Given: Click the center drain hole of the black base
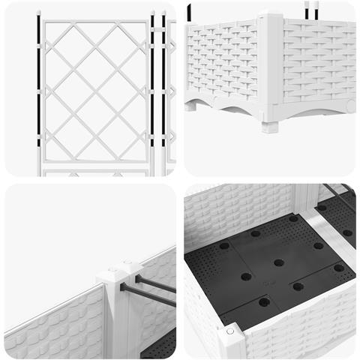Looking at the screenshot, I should pyautogui.click(x=279, y=262).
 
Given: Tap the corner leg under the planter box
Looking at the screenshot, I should pyautogui.click(x=270, y=124).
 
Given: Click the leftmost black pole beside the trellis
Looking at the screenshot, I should pyautogui.click(x=37, y=82).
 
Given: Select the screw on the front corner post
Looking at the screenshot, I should pyautogui.click(x=230, y=331).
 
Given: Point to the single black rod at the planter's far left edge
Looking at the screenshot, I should pyautogui.click(x=190, y=12).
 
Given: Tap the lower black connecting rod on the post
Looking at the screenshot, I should pyautogui.click(x=147, y=295).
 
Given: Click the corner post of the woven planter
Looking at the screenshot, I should pyautogui.click(x=269, y=67).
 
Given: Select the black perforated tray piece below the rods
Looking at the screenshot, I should pyautogui.click(x=162, y=345).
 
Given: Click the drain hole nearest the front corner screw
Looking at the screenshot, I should pyautogui.click(x=264, y=302).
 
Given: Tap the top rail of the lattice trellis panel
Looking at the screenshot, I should pyautogui.click(x=94, y=22).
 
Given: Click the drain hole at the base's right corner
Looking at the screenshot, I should pyautogui.click(x=339, y=267).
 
